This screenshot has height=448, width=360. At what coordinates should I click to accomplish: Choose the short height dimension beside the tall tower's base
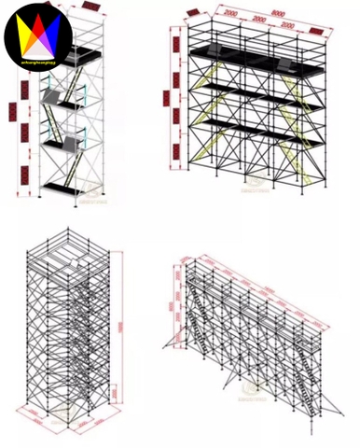[x=117, y=397]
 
